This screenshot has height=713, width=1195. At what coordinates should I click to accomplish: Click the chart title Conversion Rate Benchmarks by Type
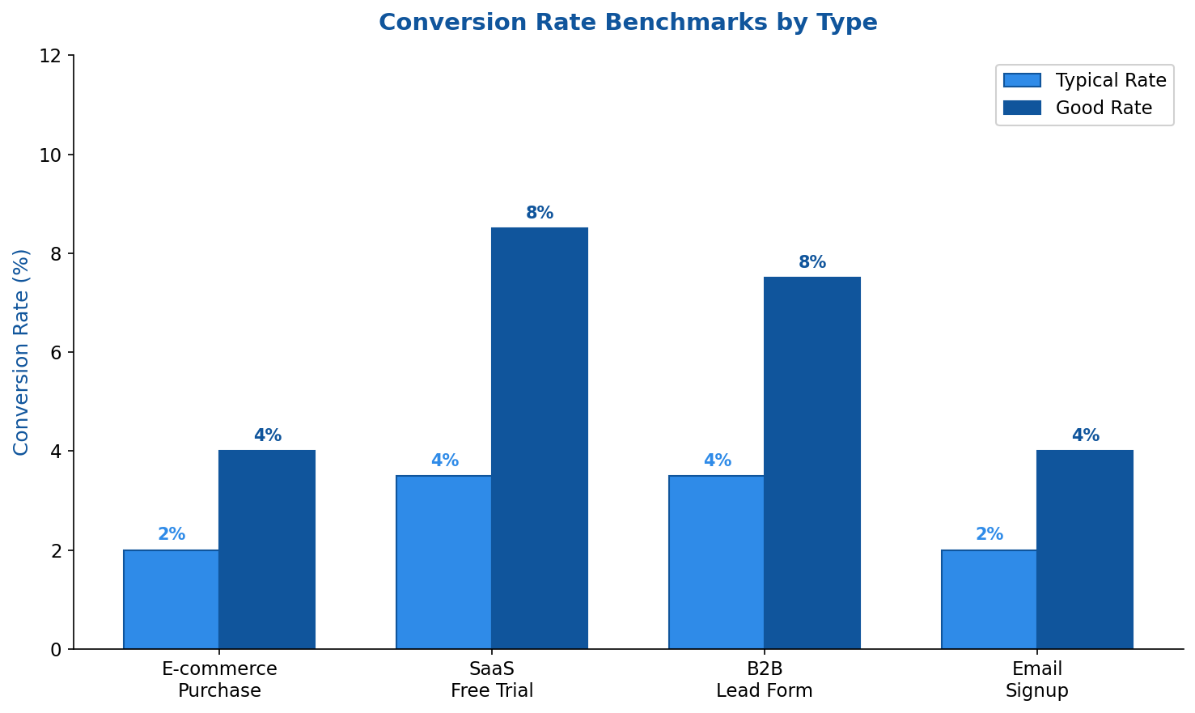pyautogui.click(x=628, y=23)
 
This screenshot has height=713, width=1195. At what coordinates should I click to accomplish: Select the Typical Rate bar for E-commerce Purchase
pyautogui.click(x=172, y=599)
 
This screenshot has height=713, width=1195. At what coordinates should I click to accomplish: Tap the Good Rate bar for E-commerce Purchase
pyautogui.click(x=267, y=550)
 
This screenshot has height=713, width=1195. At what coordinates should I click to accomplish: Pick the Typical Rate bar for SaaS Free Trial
pyautogui.click(x=444, y=562)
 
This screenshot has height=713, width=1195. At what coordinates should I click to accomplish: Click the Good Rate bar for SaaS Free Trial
pyautogui.click(x=540, y=438)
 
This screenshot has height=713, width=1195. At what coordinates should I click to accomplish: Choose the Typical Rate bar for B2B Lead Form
pyautogui.click(x=717, y=562)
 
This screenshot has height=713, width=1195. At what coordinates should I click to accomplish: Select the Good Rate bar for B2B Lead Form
pyautogui.click(x=812, y=463)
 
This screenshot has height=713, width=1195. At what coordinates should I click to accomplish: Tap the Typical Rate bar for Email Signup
pyautogui.click(x=989, y=599)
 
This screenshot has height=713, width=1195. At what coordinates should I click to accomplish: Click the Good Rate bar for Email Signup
pyautogui.click(x=1085, y=550)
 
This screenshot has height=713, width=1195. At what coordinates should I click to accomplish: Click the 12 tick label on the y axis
pyautogui.click(x=50, y=56)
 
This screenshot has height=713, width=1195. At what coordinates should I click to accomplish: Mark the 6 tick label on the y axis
pyautogui.click(x=56, y=353)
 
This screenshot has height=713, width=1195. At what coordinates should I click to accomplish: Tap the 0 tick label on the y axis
pyautogui.click(x=56, y=649)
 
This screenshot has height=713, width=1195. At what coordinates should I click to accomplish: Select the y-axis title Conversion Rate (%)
pyautogui.click(x=21, y=352)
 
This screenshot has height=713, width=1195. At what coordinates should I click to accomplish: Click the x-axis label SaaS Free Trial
pyautogui.click(x=492, y=680)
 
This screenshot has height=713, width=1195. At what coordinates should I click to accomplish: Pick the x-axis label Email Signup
pyautogui.click(x=1037, y=680)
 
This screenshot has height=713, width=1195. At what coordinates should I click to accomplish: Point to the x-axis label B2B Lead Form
pyautogui.click(x=765, y=680)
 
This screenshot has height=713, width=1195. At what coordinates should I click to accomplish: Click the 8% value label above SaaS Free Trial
pyautogui.click(x=540, y=214)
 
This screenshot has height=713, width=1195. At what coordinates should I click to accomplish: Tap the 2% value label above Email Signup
pyautogui.click(x=989, y=535)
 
